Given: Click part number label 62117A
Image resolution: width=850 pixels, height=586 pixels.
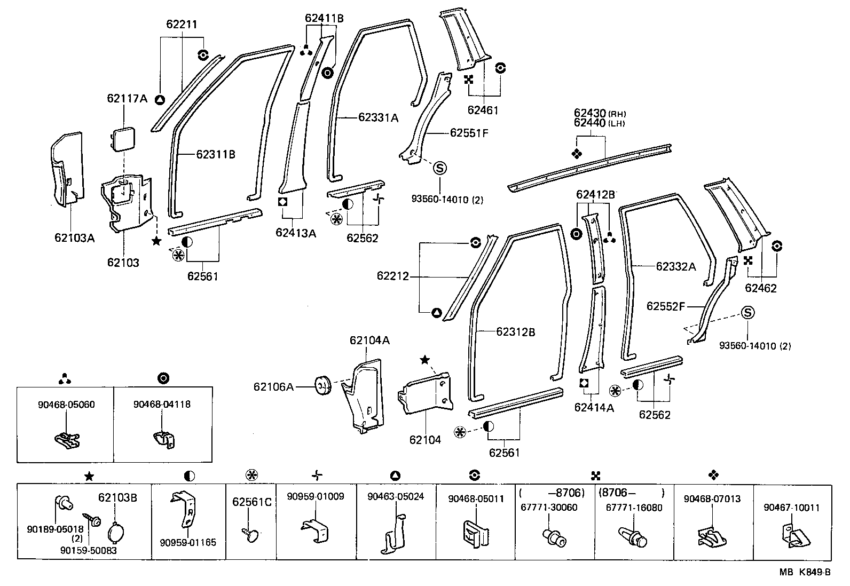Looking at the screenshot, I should click(x=127, y=98).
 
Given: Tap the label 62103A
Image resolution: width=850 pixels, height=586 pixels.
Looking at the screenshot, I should click(x=74, y=238).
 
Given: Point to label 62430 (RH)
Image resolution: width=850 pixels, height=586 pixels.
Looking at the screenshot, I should click(x=600, y=113).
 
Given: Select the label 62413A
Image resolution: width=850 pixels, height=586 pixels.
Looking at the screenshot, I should click(x=296, y=232).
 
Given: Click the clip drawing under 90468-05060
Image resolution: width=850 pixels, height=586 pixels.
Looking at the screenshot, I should click(x=67, y=439).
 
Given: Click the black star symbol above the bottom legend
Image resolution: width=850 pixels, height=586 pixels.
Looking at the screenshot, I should click(x=89, y=476).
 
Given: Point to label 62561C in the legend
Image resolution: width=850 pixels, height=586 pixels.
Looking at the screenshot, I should click(x=251, y=502).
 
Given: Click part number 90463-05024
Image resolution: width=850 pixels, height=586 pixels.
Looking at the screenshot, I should click(x=396, y=496).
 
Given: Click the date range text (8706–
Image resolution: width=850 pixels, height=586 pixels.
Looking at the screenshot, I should click(x=633, y=493).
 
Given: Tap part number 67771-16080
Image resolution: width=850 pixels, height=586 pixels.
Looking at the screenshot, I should click(x=633, y=507).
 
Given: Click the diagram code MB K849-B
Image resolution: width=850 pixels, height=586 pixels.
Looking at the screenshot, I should click(x=805, y=573).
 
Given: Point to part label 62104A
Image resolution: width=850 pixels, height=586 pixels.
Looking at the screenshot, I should click(x=369, y=340).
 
